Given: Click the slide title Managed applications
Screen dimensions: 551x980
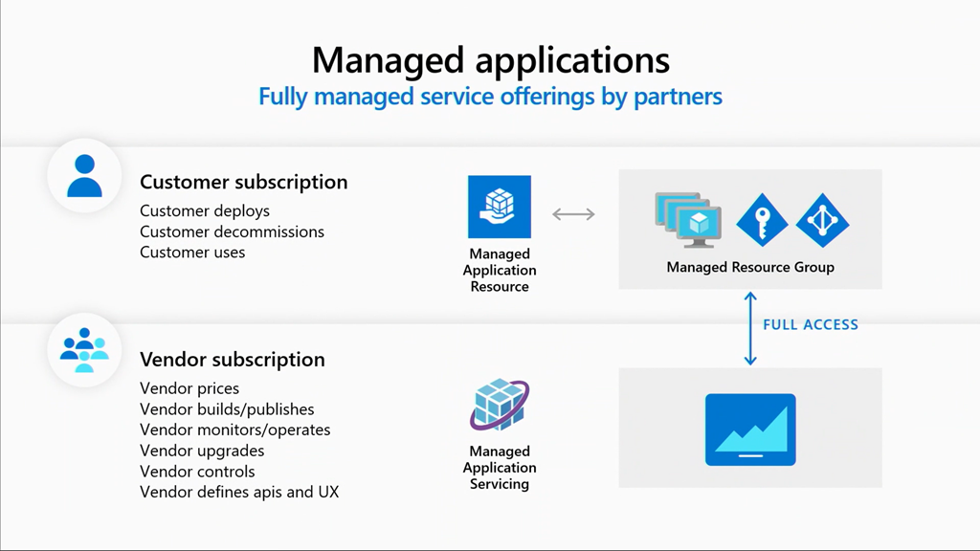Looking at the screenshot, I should click(x=490, y=59).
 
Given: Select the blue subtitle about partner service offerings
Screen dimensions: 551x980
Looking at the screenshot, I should click(x=490, y=97).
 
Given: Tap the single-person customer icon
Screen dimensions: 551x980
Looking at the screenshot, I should click(x=84, y=176).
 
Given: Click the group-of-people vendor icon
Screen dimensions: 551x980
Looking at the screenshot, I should click(x=84, y=350).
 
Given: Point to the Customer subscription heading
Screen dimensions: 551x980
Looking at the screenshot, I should click(x=243, y=182).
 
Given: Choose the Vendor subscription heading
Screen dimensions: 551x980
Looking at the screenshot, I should click(x=232, y=360).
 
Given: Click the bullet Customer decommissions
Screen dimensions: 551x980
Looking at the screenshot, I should click(x=232, y=231).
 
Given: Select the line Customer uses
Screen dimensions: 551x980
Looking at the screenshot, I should click(x=192, y=253).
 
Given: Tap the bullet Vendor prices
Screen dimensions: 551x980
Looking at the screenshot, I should click(x=189, y=388).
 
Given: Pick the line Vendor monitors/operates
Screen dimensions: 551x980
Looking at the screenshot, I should click(x=234, y=430).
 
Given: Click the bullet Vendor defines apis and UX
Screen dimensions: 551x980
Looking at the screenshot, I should click(x=239, y=492).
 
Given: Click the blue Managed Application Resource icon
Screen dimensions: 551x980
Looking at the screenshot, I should click(x=499, y=207).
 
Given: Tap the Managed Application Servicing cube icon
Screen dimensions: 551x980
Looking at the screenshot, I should click(x=499, y=406).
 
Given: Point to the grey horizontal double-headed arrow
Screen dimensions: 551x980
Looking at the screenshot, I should click(x=574, y=213).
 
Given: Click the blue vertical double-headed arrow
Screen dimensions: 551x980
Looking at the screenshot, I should click(x=750, y=328).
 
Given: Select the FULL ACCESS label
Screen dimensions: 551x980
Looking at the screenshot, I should click(x=810, y=325).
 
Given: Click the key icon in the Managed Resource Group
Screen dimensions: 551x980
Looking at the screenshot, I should click(x=761, y=220).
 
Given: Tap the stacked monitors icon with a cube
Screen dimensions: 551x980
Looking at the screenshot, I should click(x=687, y=219).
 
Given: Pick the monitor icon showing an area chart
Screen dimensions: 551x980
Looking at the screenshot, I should click(x=749, y=430).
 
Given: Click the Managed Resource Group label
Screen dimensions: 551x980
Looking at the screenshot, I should click(x=749, y=268).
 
